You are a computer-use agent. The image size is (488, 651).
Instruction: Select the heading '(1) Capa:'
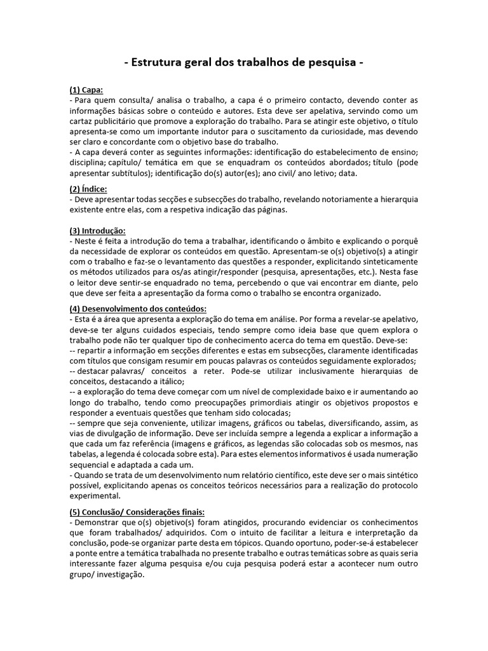86,90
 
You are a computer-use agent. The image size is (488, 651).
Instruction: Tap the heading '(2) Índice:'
88,189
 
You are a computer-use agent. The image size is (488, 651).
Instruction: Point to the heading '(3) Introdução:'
97,230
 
